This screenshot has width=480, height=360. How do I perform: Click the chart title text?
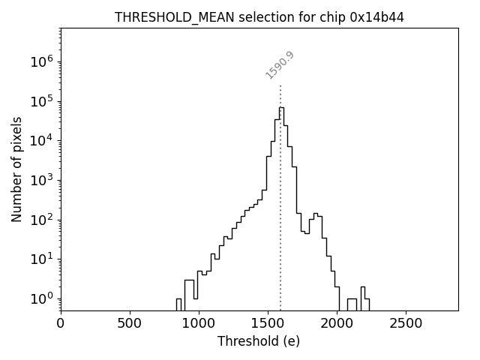(x=259, y=17)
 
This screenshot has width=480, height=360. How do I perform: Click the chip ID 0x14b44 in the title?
(x=377, y=17)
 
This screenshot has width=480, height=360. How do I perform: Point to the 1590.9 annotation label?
(x=280, y=65)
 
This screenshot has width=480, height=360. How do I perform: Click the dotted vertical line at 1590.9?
(x=280, y=187)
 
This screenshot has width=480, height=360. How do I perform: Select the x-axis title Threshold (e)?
(x=259, y=341)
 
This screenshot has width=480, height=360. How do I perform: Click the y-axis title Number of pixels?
(x=17, y=169)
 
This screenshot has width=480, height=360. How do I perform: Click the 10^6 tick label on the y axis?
(x=40, y=62)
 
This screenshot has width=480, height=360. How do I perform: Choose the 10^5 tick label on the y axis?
(x=40, y=101)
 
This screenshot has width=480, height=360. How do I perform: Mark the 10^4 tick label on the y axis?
(x=40, y=141)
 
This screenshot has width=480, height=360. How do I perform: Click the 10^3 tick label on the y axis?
(x=40, y=180)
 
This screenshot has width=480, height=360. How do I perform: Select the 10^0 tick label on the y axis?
(x=40, y=298)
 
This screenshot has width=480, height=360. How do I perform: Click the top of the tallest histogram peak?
(x=281, y=107)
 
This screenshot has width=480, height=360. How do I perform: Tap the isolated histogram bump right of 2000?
(x=363, y=287)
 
